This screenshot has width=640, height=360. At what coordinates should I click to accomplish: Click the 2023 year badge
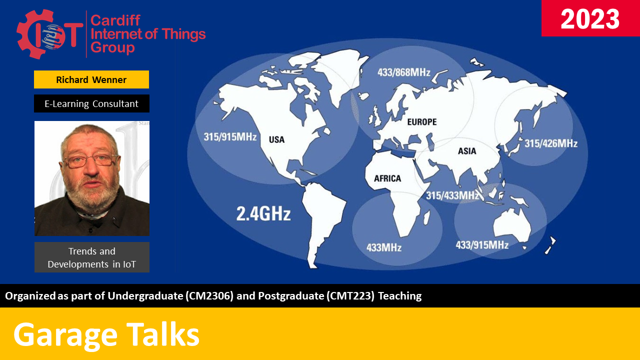(590, 19)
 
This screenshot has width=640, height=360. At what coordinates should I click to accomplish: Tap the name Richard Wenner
(91, 79)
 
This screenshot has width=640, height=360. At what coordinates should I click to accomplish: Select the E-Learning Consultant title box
(91, 103)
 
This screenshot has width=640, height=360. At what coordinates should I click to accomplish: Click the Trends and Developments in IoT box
(91, 257)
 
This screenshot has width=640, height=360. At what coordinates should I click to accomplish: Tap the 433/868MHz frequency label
(403, 72)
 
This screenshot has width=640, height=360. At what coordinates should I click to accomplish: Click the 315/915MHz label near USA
(230, 136)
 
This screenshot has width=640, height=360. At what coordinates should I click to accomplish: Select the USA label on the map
(276, 139)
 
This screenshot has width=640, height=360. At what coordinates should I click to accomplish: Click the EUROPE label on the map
(421, 121)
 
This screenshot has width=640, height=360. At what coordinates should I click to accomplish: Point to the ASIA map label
(467, 151)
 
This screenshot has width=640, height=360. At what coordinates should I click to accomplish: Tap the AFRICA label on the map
(387, 178)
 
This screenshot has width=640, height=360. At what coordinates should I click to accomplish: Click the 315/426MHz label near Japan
(550, 144)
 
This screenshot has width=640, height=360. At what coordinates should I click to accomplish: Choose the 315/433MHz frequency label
(452, 195)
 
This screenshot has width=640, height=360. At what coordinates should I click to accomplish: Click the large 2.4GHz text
(263, 214)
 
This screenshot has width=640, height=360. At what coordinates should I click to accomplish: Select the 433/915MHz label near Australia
(482, 244)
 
